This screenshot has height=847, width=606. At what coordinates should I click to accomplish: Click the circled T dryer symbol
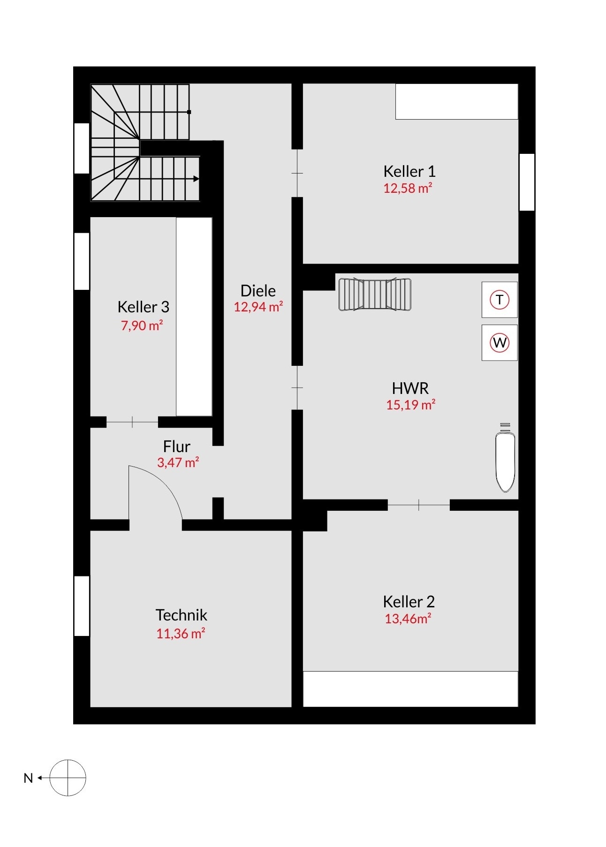tap(500, 299)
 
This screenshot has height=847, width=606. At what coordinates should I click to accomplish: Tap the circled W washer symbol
tap(500, 342)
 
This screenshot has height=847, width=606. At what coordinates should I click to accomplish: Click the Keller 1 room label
tap(409, 171)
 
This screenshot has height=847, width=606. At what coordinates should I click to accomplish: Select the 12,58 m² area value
tap(408, 188)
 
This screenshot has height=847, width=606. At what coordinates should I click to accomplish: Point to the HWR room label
tap(410, 388)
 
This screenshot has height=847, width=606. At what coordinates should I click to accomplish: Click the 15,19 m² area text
tap(411, 405)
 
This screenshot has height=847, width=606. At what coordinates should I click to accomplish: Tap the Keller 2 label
tap(409, 601)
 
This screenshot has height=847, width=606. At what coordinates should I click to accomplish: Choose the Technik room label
tap(181, 615)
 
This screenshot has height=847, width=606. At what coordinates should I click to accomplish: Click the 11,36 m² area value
tap(181, 634)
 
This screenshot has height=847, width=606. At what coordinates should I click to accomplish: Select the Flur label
tap(176, 446)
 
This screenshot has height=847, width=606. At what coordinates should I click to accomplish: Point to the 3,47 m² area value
tap(178, 462)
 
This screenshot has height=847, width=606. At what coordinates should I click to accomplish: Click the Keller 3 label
tap(143, 307)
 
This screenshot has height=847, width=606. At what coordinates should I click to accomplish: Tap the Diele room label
tap(258, 291)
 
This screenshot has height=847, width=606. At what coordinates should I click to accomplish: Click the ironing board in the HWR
tap(506, 457)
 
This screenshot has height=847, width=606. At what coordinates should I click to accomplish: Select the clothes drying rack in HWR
tap(375, 294)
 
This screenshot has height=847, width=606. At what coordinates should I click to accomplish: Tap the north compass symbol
tap(68, 778)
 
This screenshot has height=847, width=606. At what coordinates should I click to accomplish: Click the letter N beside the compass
tap(28, 778)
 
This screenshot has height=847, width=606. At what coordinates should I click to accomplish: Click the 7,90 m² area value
tap(142, 325)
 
